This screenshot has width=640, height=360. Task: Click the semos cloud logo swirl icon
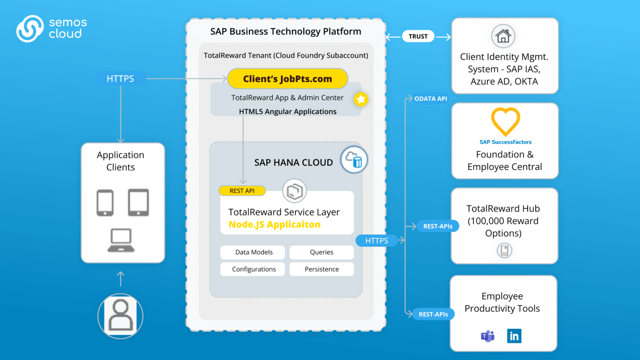pyautogui.click(x=30, y=29)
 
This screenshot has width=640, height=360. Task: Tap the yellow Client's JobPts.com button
pyautogui.click(x=287, y=79)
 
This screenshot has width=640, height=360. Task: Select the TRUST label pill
pyautogui.click(x=418, y=37)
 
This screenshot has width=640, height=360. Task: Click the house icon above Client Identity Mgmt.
pyautogui.click(x=503, y=36)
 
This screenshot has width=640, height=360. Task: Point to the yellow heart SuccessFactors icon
pyautogui.click(x=505, y=121)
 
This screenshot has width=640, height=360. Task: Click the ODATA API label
pyautogui.click(x=430, y=99)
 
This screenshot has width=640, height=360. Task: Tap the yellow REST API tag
pyautogui.click(x=242, y=191)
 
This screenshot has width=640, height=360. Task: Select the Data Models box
pyautogui.click(x=253, y=252)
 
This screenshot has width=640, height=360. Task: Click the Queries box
pyautogui.click(x=321, y=252)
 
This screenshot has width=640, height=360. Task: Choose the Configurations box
pyautogui.click(x=253, y=269)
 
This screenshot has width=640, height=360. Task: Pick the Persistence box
pyautogui.click(x=321, y=269)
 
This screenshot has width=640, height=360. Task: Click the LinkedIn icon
pyautogui.click(x=514, y=336)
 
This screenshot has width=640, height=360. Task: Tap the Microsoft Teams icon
pyautogui.click(x=487, y=336)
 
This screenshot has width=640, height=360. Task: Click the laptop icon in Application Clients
pyautogui.click(x=121, y=240)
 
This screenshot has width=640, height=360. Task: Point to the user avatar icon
pyautogui.click(x=120, y=316)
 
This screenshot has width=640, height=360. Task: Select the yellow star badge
pyautogui.click(x=361, y=99)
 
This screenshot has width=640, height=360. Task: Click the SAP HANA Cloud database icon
pyautogui.click(x=354, y=160)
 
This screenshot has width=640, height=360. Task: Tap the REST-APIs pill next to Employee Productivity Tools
pyautogui.click(x=433, y=314)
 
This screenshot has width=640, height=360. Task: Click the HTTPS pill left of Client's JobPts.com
pyautogui.click(x=120, y=79)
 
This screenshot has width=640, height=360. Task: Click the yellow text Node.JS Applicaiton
pyautogui.click(x=274, y=225)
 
